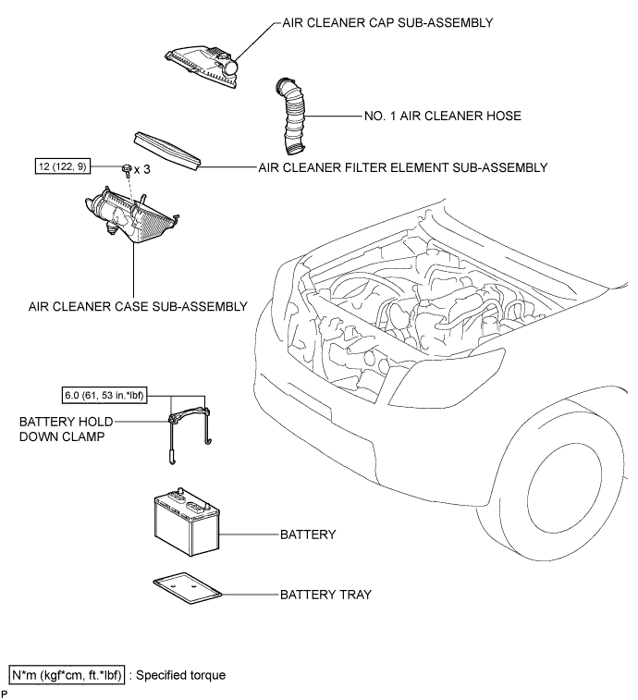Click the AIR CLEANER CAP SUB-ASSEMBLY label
coord(387,23)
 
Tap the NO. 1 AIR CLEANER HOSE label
coord(443,117)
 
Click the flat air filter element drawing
coord(167,151)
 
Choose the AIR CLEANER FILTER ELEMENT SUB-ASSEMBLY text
coord(403,168)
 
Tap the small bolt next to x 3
coord(127,169)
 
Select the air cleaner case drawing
coord(130,215)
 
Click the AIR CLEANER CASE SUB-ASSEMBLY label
coord(138,307)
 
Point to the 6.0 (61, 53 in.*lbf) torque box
coord(104,396)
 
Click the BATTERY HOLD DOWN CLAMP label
coord(66,429)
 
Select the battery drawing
coord(187,522)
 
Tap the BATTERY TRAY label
coord(325,595)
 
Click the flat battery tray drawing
coord(188,588)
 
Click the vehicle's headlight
coord(448,377)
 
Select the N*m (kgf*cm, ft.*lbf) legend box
coord(67,675)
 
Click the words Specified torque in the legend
coord(181,675)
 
